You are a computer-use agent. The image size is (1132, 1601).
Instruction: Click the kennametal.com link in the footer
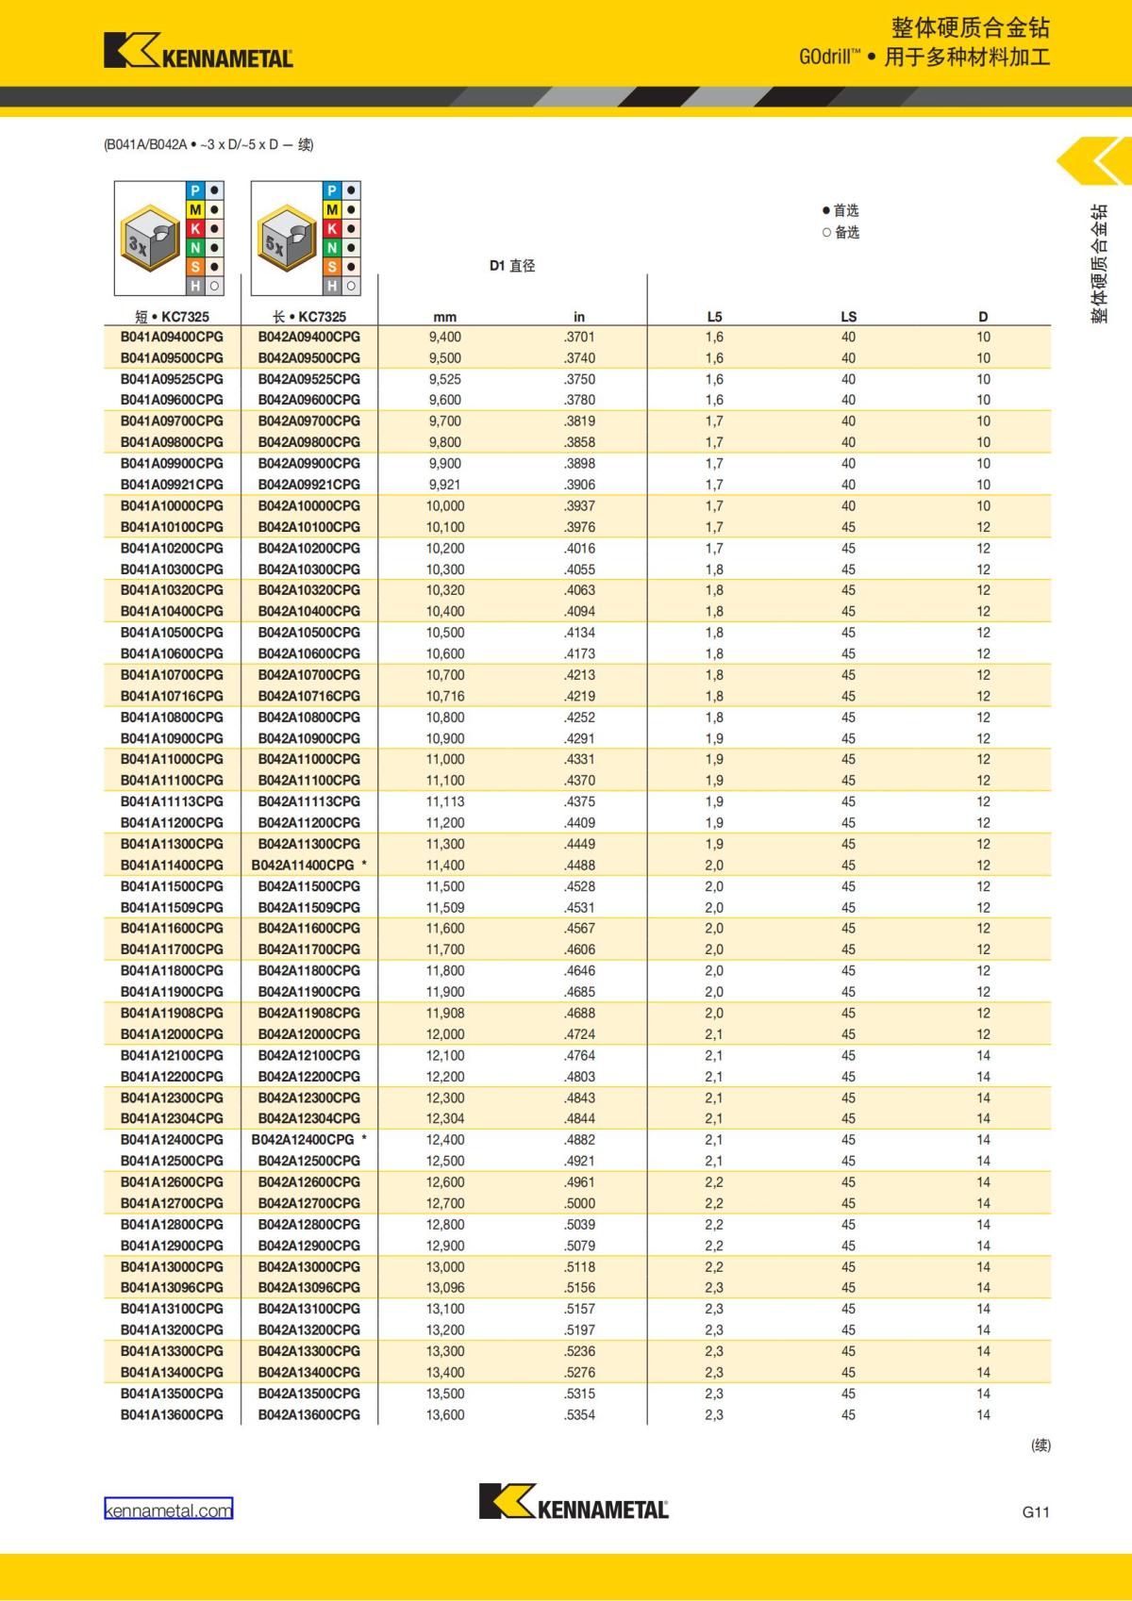point(168,1510)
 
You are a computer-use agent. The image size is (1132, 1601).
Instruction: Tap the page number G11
point(1035,1511)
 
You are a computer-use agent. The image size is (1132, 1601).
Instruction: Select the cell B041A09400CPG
point(172,337)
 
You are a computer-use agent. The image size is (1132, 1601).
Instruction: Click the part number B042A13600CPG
point(309,1414)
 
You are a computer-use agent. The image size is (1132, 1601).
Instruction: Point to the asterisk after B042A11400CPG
point(364,865)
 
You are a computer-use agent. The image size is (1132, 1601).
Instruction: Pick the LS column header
point(849,317)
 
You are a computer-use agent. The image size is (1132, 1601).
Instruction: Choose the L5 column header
point(714,317)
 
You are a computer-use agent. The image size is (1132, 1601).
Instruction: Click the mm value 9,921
point(444,485)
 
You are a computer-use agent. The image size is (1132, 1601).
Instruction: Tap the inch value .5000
point(579,1203)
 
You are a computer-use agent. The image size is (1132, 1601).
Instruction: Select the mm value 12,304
point(444,1118)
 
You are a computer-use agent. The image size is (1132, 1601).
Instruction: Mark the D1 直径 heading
point(512,266)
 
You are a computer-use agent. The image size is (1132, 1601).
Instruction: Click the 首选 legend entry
point(841,210)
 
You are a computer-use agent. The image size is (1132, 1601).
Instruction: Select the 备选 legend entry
point(841,232)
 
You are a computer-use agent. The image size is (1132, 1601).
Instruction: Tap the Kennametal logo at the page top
point(198,52)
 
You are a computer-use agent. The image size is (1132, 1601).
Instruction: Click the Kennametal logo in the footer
point(574,1502)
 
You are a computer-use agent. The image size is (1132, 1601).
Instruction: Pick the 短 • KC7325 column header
point(172,317)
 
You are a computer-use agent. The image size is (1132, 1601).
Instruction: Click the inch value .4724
point(579,1034)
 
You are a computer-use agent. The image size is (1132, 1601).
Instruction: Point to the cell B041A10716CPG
point(172,696)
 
